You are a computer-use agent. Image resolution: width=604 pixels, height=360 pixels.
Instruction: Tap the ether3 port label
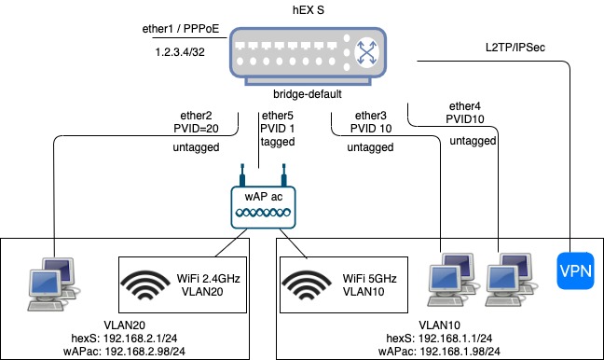click(x=368, y=115)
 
